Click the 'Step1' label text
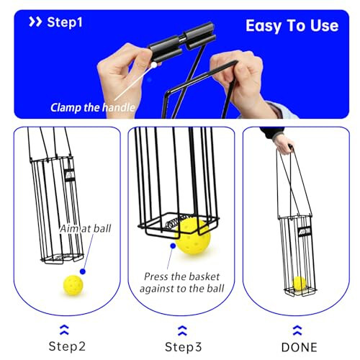click(65, 22)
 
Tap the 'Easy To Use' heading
click(292, 25)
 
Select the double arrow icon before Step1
click(35, 22)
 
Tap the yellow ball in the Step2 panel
click(72, 286)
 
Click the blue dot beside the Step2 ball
click(84, 271)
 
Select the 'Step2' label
click(66, 347)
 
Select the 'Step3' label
click(182, 347)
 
